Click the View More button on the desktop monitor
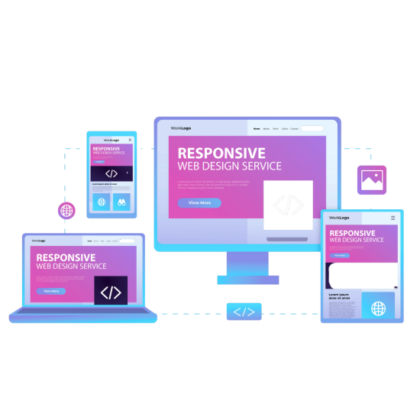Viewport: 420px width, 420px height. pos(199,203)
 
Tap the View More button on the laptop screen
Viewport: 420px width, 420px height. pos(51,291)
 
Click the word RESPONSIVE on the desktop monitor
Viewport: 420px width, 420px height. pos(221,153)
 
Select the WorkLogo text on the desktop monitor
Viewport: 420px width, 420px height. pos(180,128)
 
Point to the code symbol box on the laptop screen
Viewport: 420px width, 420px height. pos(111,292)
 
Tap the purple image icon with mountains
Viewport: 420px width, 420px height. pos(372,180)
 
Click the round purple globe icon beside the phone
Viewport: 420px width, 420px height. pos(67,211)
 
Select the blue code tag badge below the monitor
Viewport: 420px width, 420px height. pos(244,312)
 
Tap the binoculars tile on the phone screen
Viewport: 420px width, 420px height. pos(121,202)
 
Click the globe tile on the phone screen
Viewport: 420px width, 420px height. pos(101,202)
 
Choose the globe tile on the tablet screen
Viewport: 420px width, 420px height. pos(378,308)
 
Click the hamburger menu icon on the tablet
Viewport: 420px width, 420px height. pos(393,218)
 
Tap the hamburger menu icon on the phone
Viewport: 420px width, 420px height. pos(130,140)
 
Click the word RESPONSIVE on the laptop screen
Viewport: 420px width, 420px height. pos(66,258)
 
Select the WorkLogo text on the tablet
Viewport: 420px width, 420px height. pos(338,218)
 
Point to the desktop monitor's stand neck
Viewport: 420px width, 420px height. pos(247,263)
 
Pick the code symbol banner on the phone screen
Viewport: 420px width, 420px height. pos(111,173)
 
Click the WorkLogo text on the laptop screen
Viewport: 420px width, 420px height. pos(39,241)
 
